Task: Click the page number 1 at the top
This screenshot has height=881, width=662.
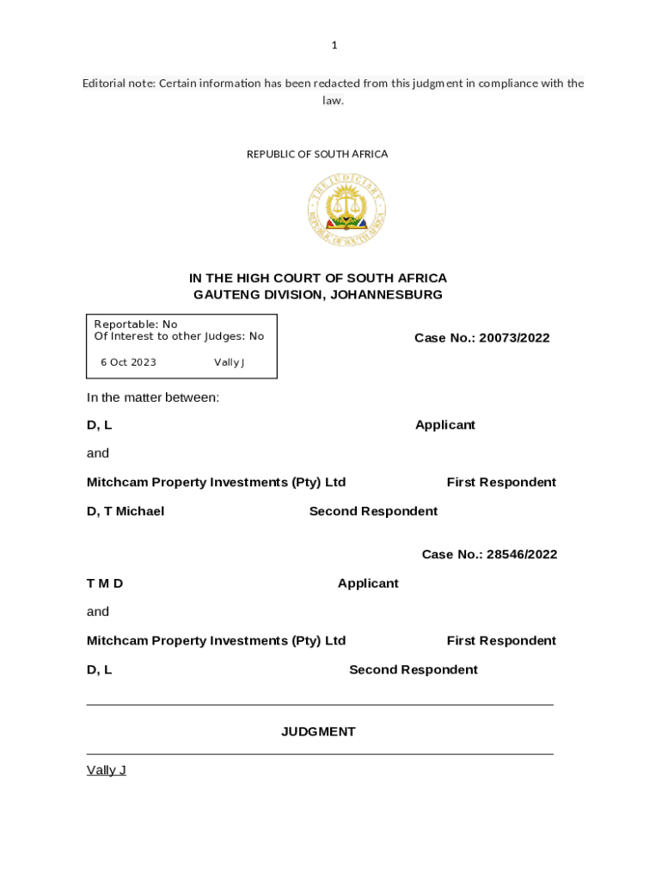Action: tap(334, 46)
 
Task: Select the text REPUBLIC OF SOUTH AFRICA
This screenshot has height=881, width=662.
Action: tap(317, 154)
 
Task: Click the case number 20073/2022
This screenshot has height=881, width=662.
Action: tap(514, 338)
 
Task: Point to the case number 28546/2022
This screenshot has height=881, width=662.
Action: tap(521, 554)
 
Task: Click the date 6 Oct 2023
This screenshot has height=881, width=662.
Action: tap(128, 362)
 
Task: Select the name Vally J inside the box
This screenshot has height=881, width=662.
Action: tap(230, 362)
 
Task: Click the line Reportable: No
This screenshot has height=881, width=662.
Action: tap(136, 324)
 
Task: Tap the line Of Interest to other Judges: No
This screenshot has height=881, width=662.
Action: tap(179, 336)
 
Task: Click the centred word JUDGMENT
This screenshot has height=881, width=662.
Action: tap(318, 731)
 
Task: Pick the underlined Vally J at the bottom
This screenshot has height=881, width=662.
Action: tap(107, 770)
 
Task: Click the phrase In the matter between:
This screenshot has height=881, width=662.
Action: tap(153, 397)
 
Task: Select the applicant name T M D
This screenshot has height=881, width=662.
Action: tap(105, 583)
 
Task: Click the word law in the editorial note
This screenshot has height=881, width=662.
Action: tap(333, 101)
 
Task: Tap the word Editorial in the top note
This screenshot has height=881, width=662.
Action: tap(107, 83)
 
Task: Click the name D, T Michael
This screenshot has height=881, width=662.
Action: tap(126, 511)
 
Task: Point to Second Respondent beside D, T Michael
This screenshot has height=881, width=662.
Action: tap(373, 511)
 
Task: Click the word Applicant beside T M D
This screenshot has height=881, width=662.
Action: tap(368, 583)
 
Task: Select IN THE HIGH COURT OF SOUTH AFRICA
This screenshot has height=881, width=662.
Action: tap(318, 278)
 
